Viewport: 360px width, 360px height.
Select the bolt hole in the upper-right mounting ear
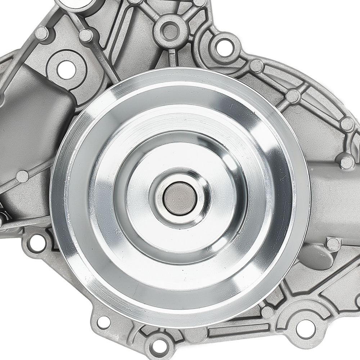coord(224,45)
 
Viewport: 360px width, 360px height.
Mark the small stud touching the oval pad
coord(333,244)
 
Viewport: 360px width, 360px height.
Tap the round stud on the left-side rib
coord(22,176)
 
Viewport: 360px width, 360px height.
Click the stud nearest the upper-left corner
coord(41,33)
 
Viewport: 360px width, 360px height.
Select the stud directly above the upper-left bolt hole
coord(86,35)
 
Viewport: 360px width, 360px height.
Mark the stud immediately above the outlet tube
coord(347,162)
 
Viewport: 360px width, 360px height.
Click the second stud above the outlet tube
coord(347,124)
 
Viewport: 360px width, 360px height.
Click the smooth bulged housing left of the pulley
coord(32,119)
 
